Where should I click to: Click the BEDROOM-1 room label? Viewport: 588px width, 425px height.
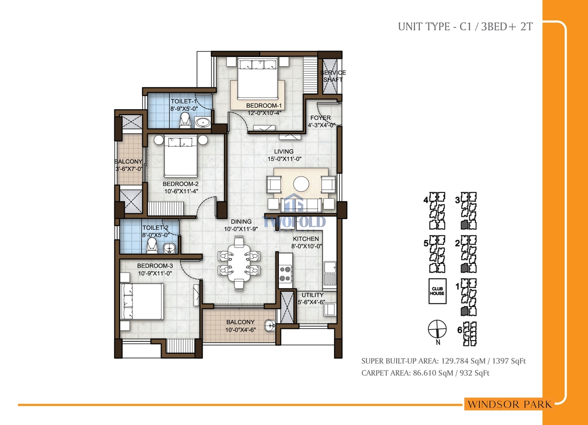point(264,106)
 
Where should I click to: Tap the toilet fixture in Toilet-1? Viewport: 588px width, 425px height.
point(185,120)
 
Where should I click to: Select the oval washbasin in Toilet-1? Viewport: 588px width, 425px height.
point(202,122)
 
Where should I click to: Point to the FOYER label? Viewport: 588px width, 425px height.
point(321,118)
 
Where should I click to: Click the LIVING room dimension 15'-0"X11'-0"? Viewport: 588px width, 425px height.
point(285,159)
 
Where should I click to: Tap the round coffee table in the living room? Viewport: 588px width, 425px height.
point(301,184)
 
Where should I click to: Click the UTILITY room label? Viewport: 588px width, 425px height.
point(312,295)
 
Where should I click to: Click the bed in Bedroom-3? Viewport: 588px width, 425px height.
point(142,301)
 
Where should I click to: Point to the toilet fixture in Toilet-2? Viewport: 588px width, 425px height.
point(152,245)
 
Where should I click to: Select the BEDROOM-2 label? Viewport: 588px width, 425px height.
point(181,184)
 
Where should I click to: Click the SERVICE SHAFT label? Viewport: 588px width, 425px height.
point(333,76)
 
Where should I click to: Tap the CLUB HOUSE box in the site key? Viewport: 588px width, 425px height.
point(437,291)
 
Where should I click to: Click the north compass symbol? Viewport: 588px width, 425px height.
point(437,329)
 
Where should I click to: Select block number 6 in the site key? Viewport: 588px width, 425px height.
point(460,330)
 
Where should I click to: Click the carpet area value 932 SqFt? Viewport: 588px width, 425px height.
point(475,373)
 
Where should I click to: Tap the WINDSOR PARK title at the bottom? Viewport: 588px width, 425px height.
point(510,404)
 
